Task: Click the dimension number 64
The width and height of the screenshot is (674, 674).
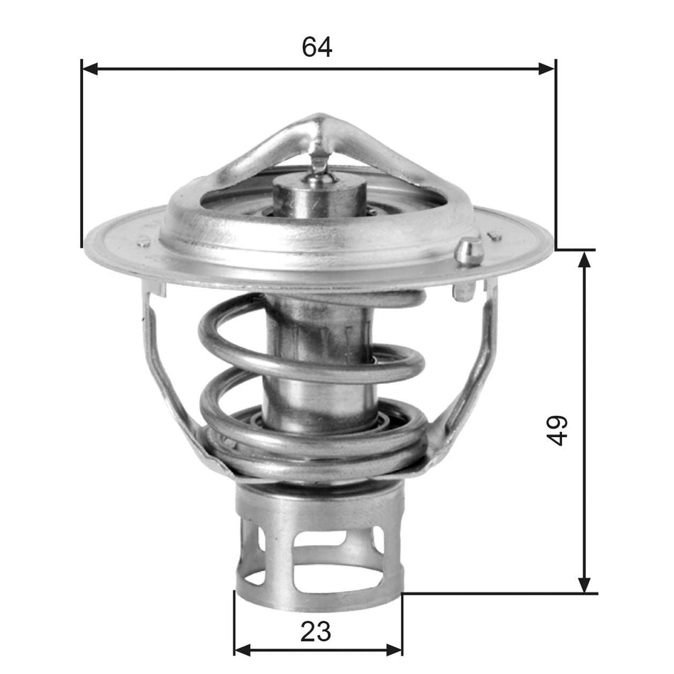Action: click(x=317, y=47)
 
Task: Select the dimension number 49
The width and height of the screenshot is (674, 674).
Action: click(x=559, y=430)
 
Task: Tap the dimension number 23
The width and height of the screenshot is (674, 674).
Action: click(x=316, y=630)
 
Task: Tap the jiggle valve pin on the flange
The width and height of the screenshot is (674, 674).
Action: click(x=468, y=251)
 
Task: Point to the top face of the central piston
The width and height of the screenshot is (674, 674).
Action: click(x=319, y=186)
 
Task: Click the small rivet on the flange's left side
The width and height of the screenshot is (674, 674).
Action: click(x=144, y=242)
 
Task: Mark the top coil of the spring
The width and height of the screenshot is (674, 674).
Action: click(x=312, y=302)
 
